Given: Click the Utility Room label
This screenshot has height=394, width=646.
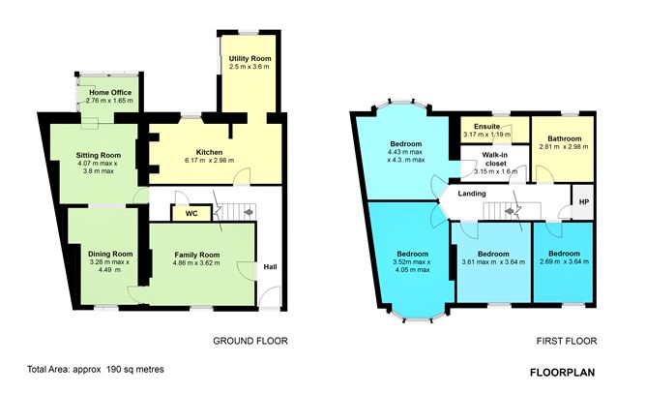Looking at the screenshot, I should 250,60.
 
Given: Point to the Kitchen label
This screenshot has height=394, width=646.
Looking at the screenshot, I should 210,152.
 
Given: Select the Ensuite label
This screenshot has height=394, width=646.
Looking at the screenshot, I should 480,126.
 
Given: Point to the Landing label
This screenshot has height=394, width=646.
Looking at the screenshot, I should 472,194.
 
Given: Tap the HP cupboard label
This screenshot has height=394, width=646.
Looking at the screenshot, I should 582,201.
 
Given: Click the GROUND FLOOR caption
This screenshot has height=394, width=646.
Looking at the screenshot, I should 250,341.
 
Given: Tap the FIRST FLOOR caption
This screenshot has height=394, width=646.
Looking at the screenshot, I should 568,341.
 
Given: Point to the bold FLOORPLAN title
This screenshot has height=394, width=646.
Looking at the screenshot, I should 563,372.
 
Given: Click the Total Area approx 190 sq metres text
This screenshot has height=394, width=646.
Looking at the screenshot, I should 97,370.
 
